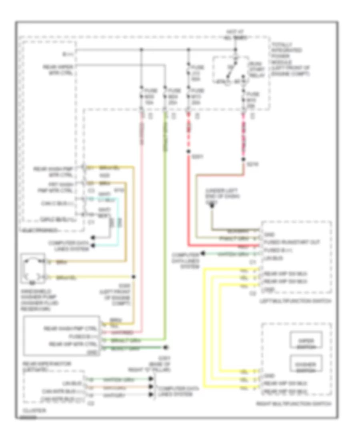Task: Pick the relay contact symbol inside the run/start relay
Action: pyautogui.click(x=230, y=74)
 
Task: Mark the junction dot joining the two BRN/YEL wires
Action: pyautogui.click(x=133, y=277)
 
